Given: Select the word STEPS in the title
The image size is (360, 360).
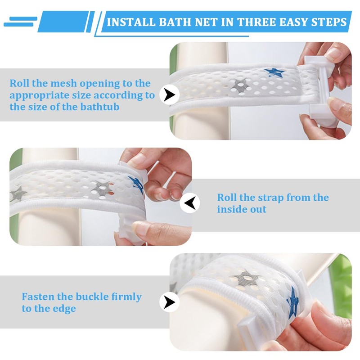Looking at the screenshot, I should [328, 22].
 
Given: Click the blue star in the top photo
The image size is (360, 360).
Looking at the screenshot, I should [272, 72].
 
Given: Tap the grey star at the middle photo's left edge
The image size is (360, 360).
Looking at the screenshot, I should [18, 194].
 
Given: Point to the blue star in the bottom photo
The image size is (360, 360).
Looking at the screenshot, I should [292, 301].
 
